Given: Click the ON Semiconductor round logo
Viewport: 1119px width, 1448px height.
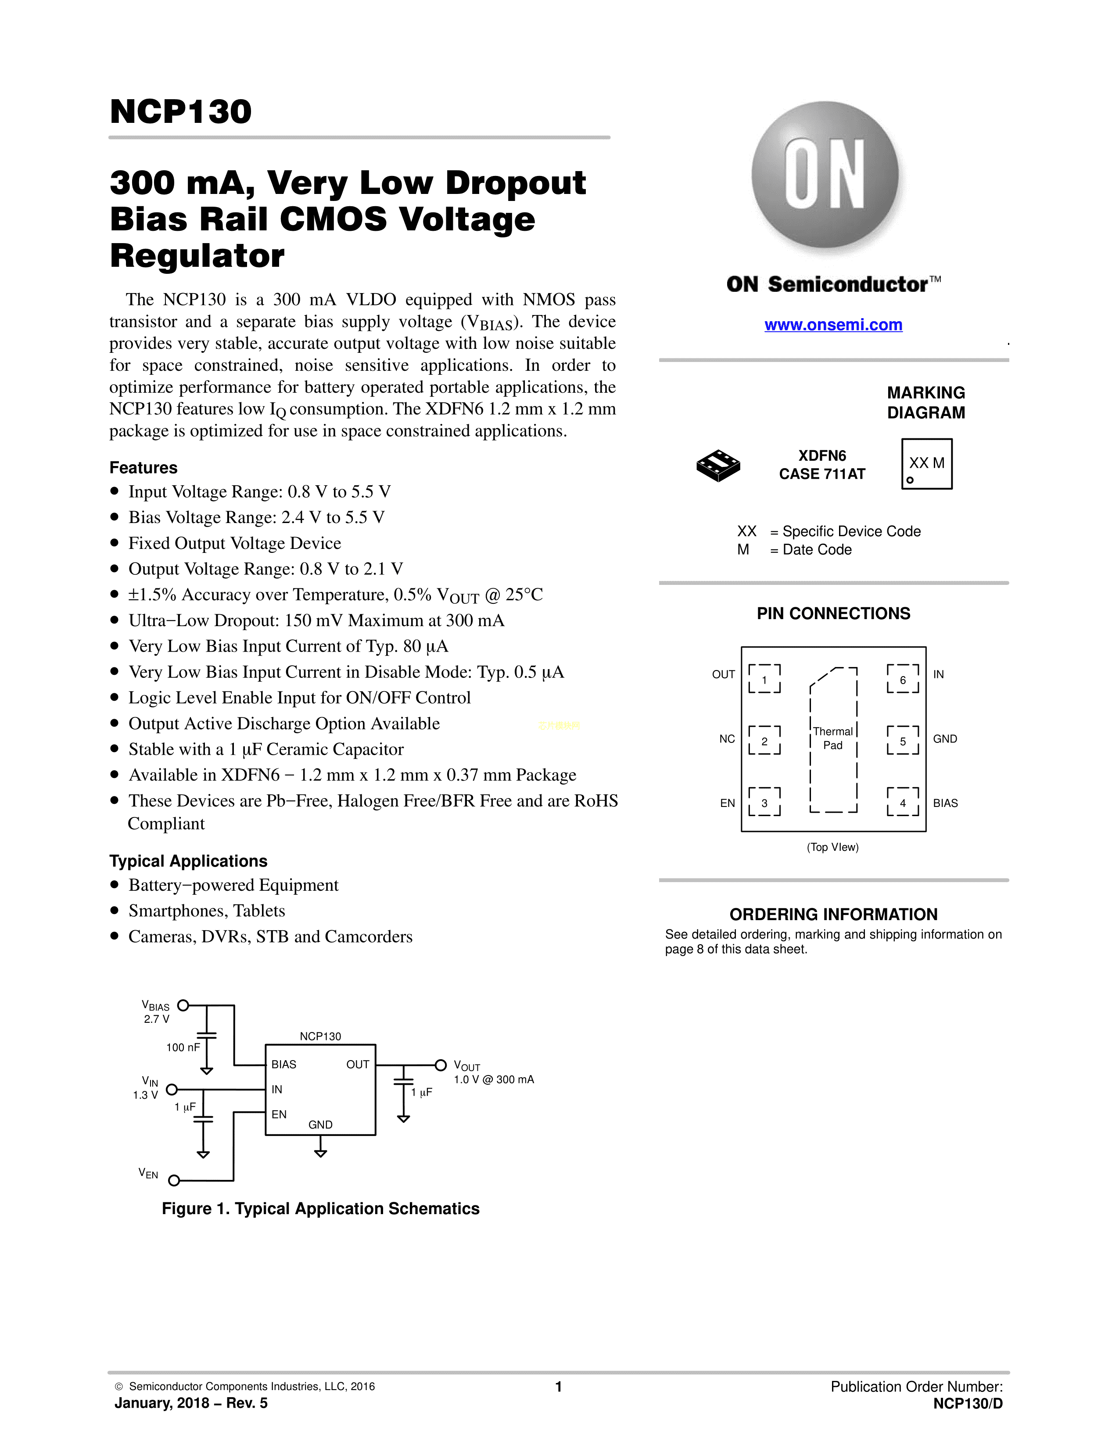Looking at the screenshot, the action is [825, 175].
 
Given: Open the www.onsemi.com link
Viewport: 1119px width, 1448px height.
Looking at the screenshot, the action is [833, 325].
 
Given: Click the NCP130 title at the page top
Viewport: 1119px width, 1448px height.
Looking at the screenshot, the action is [181, 111].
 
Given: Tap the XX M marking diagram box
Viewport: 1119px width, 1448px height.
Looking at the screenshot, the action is [927, 464].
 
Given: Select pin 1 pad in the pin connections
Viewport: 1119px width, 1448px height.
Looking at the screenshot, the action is [764, 679].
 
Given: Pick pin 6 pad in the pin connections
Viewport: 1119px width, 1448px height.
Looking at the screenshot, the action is [903, 679].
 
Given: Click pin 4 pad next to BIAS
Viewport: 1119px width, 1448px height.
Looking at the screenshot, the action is [903, 802].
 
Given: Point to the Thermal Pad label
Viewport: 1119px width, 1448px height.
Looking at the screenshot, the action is [832, 738].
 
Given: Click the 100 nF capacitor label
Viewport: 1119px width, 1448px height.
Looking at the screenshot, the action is [183, 1047].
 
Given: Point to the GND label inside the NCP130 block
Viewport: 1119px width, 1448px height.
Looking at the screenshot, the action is [320, 1125].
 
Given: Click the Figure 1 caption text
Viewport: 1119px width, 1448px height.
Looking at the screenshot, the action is [321, 1209].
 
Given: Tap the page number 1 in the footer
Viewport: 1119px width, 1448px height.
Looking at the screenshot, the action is [559, 1387].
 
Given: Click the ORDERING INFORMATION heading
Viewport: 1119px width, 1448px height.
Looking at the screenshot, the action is [833, 915].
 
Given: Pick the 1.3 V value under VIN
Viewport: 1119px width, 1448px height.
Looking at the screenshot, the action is [145, 1095].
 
